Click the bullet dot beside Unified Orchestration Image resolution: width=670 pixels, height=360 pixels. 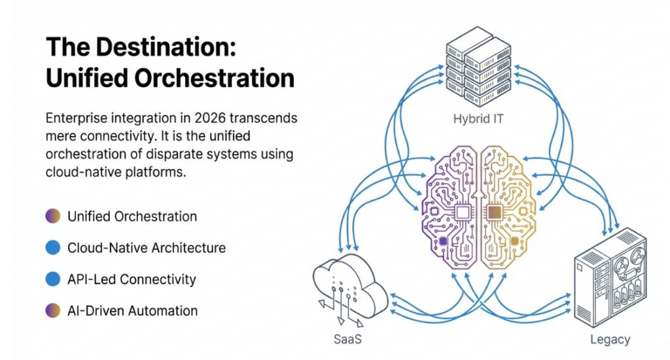pyautogui.click(x=53, y=216)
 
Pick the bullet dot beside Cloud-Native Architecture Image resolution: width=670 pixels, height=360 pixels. pyautogui.click(x=53, y=247)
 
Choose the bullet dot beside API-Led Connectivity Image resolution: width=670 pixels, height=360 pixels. pyautogui.click(x=53, y=279)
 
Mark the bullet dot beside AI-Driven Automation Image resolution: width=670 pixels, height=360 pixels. pyautogui.click(x=53, y=310)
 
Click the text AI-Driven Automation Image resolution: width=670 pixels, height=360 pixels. pyautogui.click(x=132, y=310)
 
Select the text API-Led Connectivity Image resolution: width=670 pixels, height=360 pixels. pyautogui.click(x=132, y=279)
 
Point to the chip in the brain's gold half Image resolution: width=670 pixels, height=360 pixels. pyautogui.click(x=495, y=211)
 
